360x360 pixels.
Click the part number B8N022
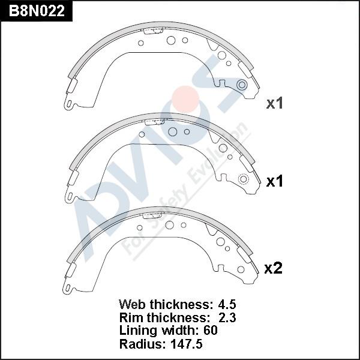37,11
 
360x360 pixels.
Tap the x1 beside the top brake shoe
274,103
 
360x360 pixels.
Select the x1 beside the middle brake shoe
274,181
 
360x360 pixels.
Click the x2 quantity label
273,269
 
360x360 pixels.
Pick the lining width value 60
210,330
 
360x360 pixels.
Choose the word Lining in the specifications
139,330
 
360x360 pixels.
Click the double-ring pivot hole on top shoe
242,85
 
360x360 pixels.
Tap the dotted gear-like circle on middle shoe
244,179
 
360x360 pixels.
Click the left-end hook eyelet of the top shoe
70,106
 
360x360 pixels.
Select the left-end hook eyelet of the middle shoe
70,197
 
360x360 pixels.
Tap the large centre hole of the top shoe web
171,41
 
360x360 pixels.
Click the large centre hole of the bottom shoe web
170,225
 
